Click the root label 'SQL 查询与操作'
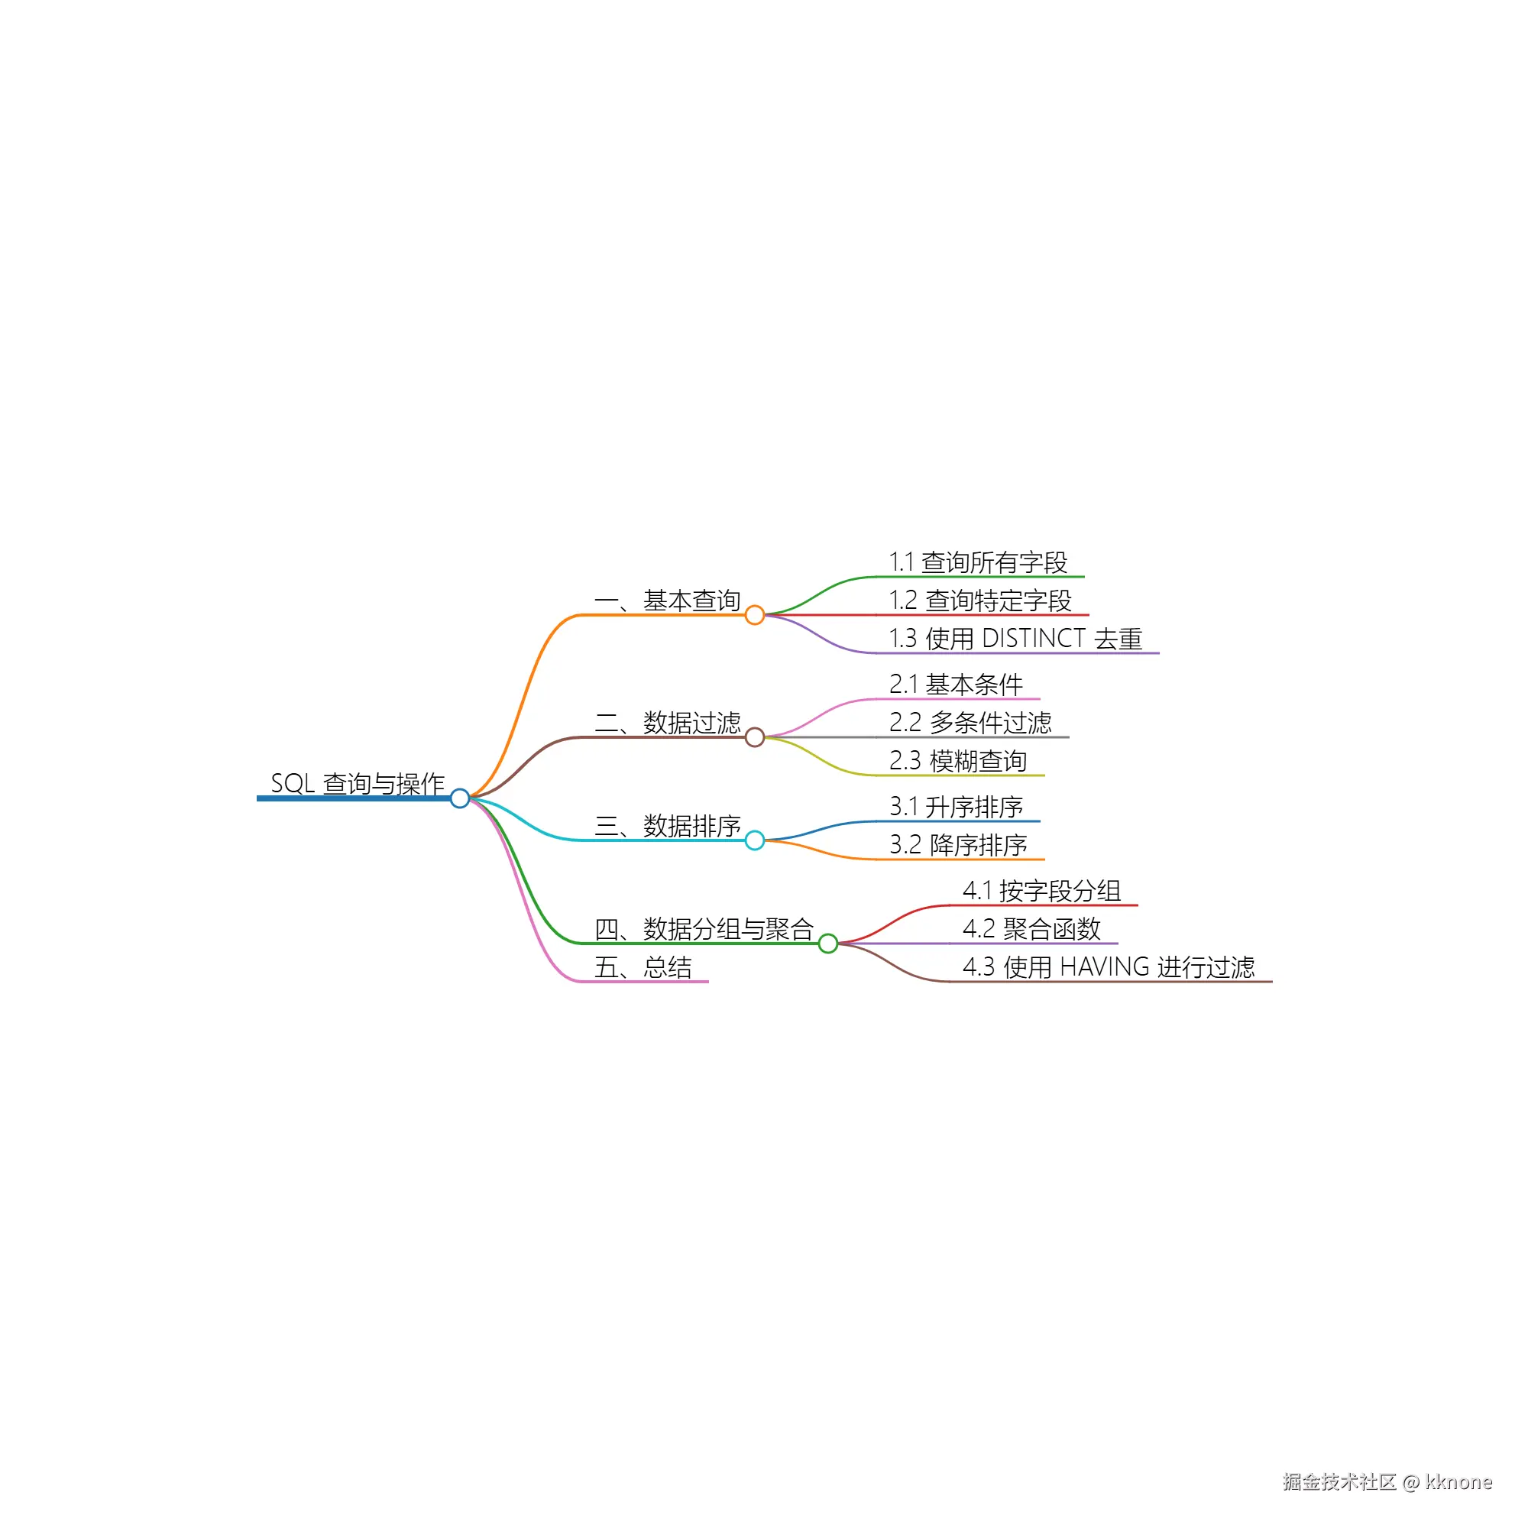click(358, 784)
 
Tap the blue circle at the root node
click(459, 798)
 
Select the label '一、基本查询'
click(668, 601)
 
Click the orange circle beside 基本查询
click(755, 614)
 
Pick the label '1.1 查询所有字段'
click(979, 562)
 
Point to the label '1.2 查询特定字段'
click(981, 601)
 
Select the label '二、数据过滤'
click(668, 723)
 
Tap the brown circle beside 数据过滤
click(755, 737)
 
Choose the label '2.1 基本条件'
click(957, 685)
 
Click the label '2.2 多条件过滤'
click(970, 723)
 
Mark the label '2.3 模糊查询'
click(958, 761)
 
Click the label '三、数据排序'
click(668, 826)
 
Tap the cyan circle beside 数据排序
click(755, 840)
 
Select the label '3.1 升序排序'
click(957, 807)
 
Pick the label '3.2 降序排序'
click(958, 845)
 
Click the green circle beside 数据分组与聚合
click(828, 944)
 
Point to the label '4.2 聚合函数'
click(1031, 929)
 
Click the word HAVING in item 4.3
click(1105, 967)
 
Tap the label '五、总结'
click(643, 967)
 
